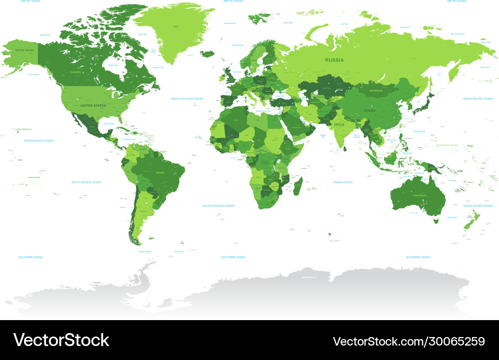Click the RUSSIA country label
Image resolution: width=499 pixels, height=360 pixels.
point(334,60)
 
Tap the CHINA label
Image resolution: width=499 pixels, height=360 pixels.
point(369,110)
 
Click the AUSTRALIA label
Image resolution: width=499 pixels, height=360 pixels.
point(419,195)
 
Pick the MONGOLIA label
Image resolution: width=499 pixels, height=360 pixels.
point(376,91)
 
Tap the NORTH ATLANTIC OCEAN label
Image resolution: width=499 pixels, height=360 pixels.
point(187,99)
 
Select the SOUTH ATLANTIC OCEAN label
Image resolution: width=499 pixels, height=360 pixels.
point(218,205)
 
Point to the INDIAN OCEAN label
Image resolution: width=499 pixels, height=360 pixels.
point(343,182)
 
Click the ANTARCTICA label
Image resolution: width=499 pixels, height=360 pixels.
point(309,276)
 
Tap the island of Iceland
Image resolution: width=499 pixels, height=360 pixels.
point(206,52)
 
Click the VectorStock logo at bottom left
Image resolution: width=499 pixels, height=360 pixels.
point(61,341)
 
